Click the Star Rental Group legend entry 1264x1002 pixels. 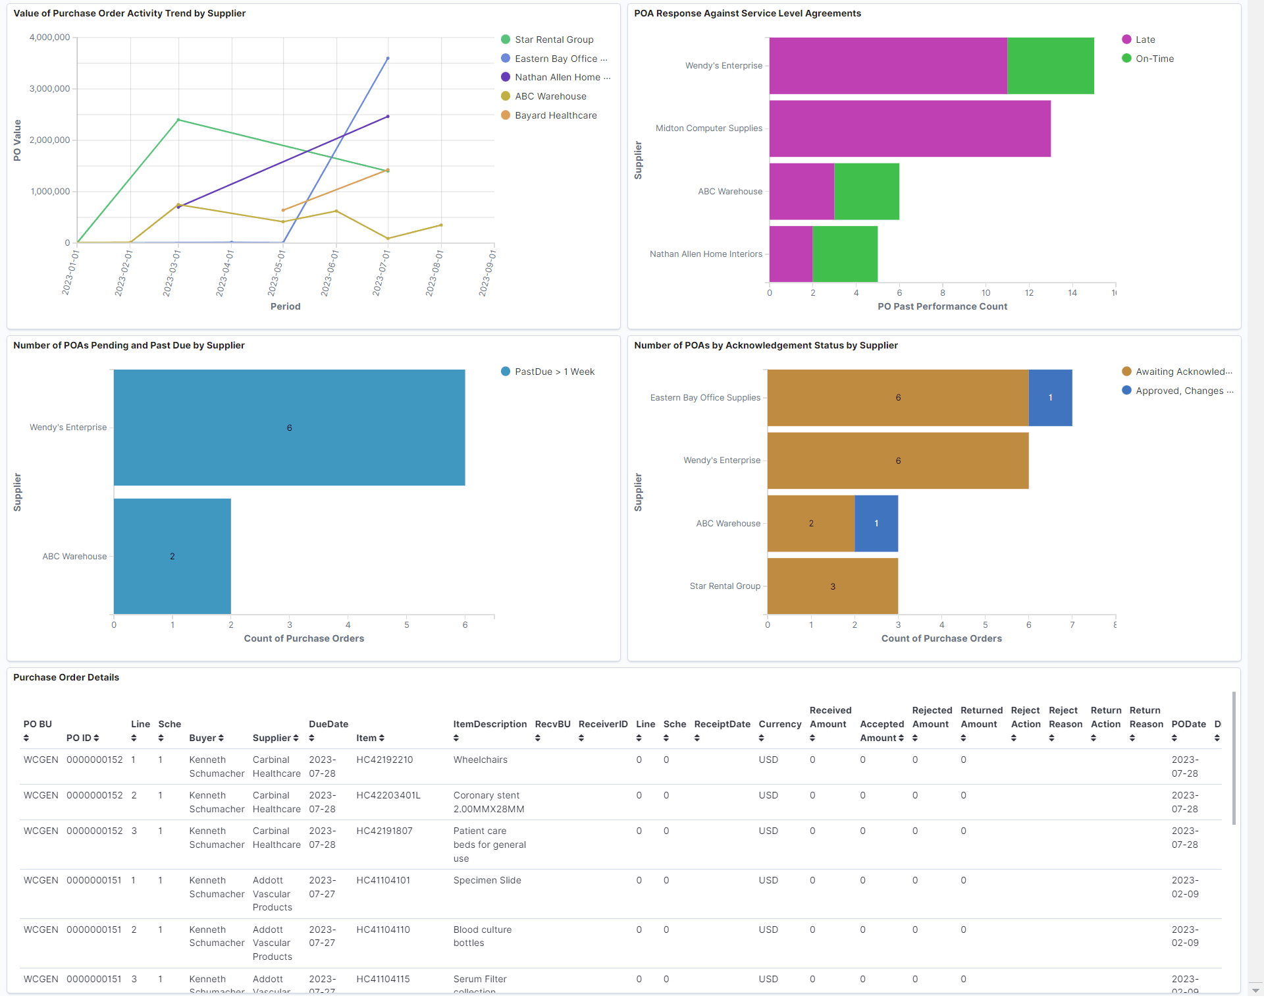tap(553, 40)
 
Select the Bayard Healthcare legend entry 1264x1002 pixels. tap(555, 115)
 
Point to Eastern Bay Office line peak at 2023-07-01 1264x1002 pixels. tap(388, 59)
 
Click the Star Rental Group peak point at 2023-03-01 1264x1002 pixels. tap(178, 120)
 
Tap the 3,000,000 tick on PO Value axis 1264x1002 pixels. tap(50, 89)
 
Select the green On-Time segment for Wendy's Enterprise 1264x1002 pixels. tap(1050, 66)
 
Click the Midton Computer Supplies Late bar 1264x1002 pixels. tap(909, 128)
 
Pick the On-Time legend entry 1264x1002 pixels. tap(1154, 59)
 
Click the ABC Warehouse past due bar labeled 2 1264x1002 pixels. tap(172, 556)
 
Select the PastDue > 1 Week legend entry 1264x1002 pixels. tap(554, 372)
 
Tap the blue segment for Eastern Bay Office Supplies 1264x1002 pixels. tap(1050, 398)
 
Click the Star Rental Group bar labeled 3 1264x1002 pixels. tap(832, 586)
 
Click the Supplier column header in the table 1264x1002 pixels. tap(272, 738)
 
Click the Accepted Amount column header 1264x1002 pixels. tap(882, 731)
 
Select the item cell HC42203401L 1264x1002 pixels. tap(388, 795)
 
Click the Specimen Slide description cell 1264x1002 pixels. tap(487, 880)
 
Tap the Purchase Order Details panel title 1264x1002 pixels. tap(66, 677)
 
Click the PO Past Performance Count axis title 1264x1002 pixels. tap(941, 306)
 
